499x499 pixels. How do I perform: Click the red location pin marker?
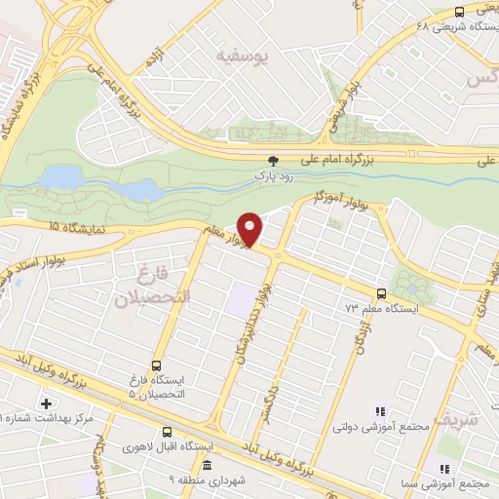tap(251, 228)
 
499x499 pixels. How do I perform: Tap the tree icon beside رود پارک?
tap(273, 163)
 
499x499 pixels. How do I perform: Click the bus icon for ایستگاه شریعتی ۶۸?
tap(459, 12)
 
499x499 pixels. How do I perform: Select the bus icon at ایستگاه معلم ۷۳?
tap(381, 292)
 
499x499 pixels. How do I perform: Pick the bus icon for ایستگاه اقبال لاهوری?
tap(167, 432)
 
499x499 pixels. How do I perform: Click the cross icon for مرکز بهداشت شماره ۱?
tap(46, 403)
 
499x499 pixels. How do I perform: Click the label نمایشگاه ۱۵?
tap(77, 226)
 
